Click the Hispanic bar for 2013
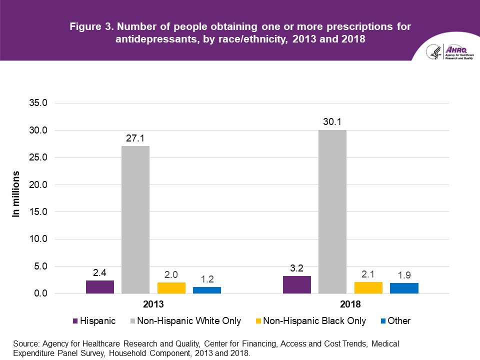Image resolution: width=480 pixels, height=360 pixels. [x=100, y=287]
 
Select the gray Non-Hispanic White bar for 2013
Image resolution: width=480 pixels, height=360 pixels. [x=135, y=220]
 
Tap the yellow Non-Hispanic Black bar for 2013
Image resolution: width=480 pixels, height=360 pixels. [x=171, y=288]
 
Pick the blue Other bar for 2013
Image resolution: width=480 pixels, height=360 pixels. [x=207, y=290]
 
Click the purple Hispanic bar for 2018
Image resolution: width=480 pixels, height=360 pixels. [x=297, y=284]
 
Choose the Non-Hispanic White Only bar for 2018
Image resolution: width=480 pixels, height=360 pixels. [x=332, y=211]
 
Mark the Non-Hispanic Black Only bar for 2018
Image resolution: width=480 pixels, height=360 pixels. [x=368, y=287]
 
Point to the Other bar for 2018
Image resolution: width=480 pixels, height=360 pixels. [x=404, y=288]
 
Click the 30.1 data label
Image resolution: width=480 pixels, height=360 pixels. [x=332, y=121]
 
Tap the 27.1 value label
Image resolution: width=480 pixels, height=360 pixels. [x=135, y=137]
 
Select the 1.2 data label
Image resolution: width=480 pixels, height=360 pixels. [x=207, y=278]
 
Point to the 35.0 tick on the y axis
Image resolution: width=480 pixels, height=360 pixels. [x=37, y=103]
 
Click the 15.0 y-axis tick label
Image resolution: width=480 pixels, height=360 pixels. [x=37, y=212]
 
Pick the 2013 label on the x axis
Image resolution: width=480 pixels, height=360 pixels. [x=153, y=304]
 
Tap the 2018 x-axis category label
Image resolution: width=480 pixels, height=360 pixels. [x=350, y=304]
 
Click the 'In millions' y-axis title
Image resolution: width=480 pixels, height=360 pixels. [x=16, y=194]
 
